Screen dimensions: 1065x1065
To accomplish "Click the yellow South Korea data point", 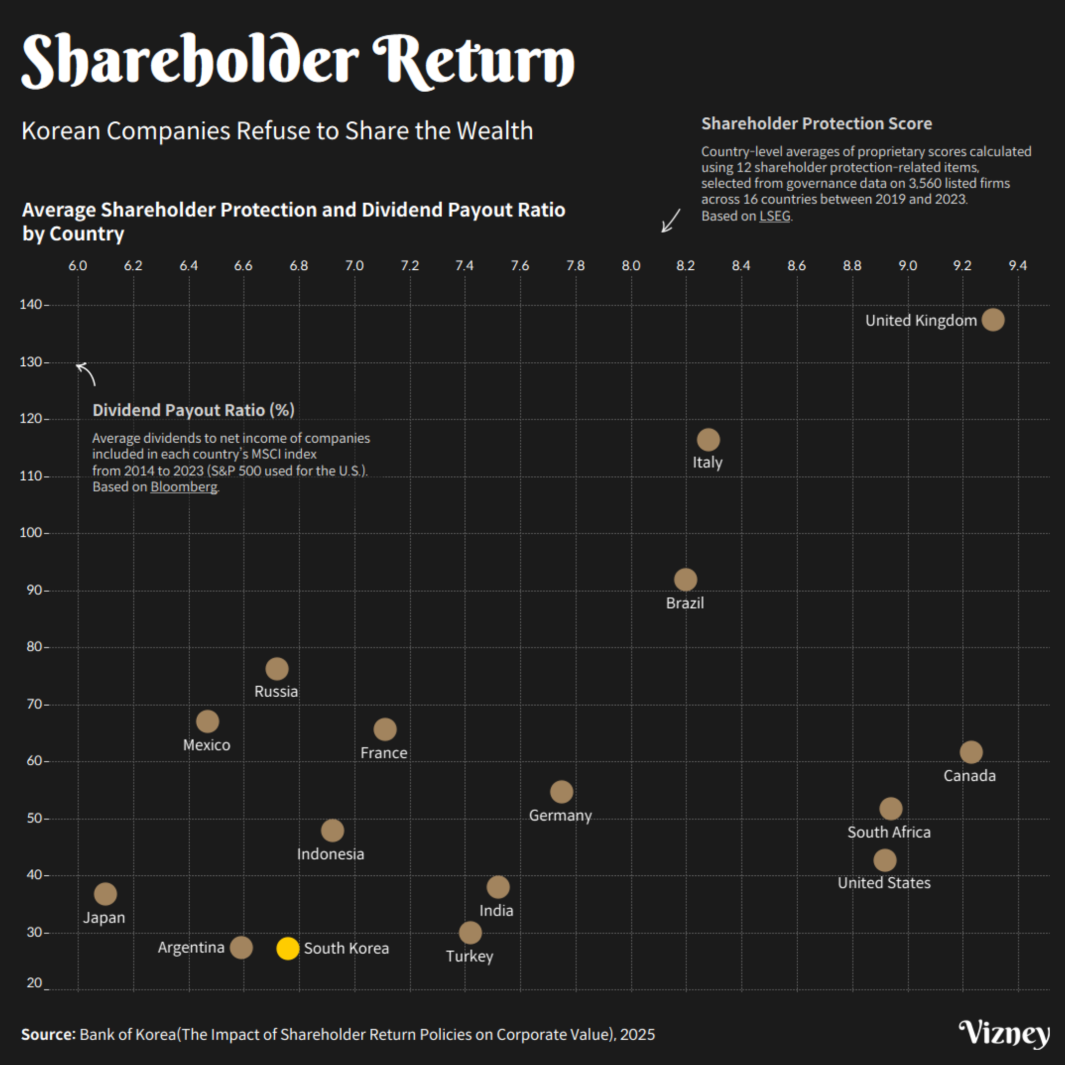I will click(x=287, y=948).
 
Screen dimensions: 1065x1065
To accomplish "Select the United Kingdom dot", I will click(x=993, y=319).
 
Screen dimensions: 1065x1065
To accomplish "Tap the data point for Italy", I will click(x=708, y=439).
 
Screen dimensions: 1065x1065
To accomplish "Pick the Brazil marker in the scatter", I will click(x=685, y=579).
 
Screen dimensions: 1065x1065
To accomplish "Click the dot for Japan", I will click(x=106, y=893).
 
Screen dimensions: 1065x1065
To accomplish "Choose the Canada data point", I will click(x=971, y=752).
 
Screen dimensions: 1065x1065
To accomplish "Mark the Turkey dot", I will click(x=470, y=933).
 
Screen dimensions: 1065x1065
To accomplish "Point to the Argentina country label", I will click(x=191, y=947).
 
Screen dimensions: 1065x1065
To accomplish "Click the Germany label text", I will click(x=560, y=816).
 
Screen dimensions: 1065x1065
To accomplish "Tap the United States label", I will click(x=884, y=883).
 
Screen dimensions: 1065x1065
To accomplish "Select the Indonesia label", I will click(x=330, y=854).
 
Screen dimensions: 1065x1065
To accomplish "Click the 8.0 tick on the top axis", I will click(x=631, y=266).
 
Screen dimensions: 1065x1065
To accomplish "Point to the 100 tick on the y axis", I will click(x=31, y=532).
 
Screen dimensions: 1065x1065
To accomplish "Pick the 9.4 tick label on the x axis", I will click(x=1018, y=266).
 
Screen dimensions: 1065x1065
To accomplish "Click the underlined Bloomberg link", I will click(x=183, y=487).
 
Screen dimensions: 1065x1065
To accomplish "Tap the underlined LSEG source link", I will click(x=775, y=216).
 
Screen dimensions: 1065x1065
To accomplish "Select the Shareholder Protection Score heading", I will click(x=816, y=123).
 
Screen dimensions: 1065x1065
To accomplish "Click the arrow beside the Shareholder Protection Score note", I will click(x=671, y=220).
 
